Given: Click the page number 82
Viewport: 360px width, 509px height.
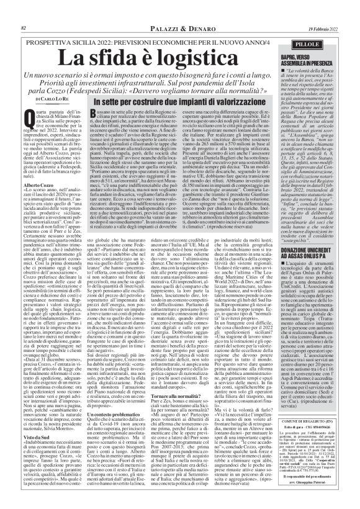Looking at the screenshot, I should (23, 9).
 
